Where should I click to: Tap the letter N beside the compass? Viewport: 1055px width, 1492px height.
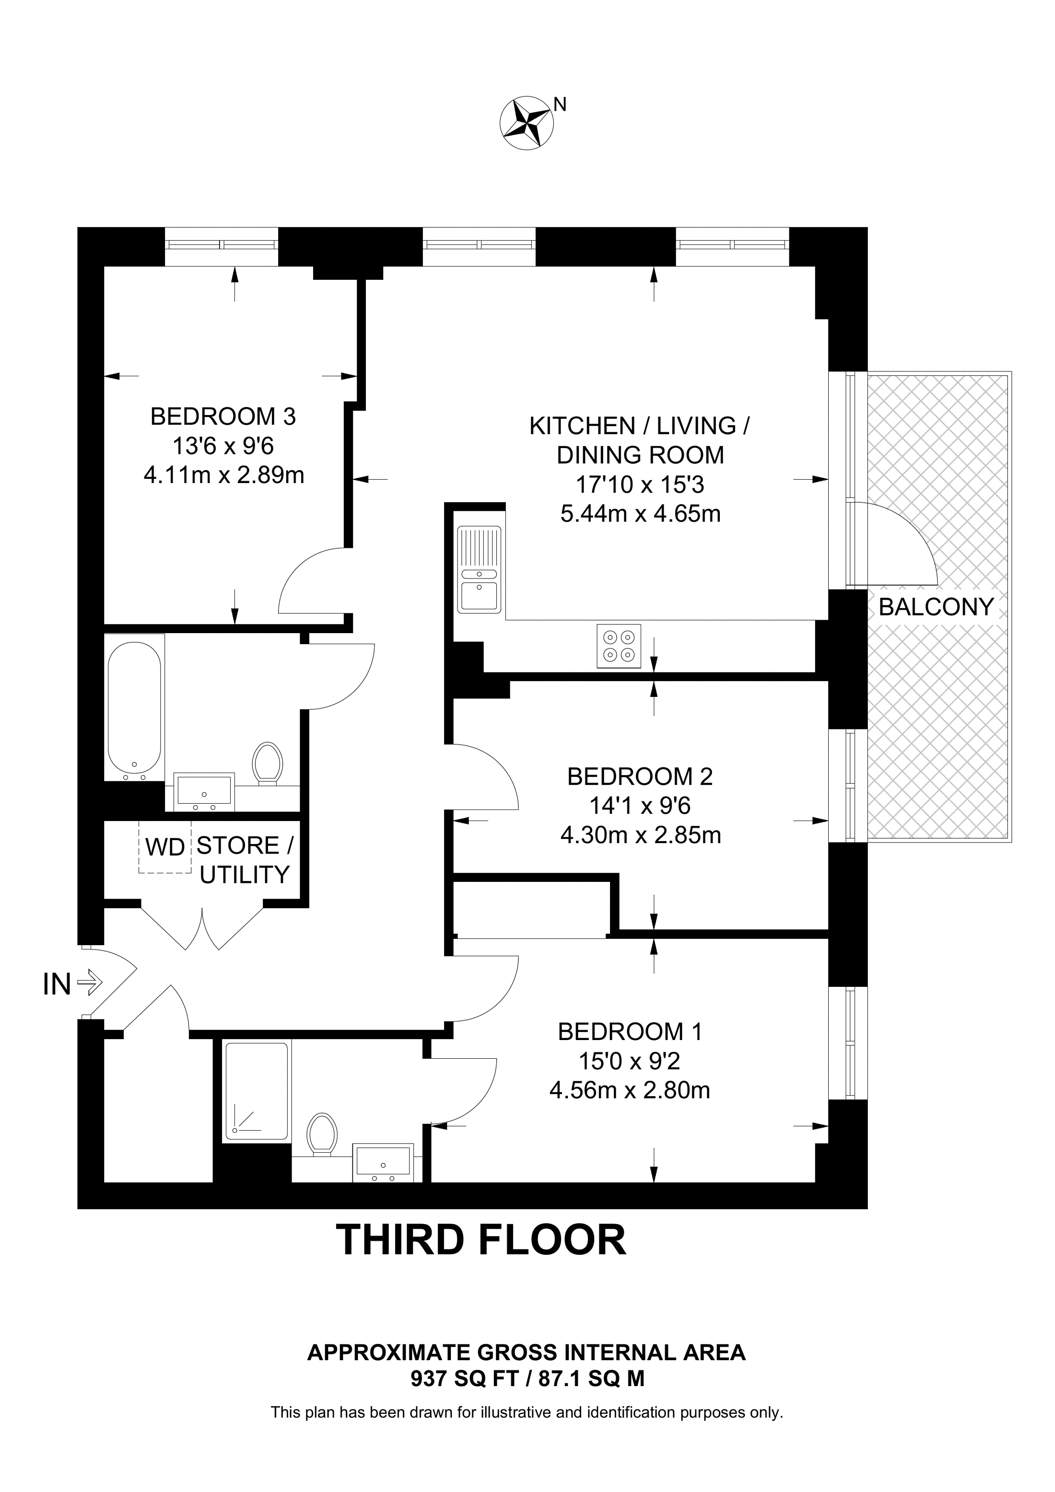coord(560,104)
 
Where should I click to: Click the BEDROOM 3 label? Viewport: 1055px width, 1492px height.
coord(223,416)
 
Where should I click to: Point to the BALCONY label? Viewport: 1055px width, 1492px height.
coord(936,607)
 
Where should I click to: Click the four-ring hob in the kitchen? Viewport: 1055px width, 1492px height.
coord(619,646)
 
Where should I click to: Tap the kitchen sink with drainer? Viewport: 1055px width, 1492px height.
coord(480,570)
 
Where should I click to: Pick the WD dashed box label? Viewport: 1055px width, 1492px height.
coord(165,847)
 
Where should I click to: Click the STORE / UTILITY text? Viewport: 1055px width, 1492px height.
coord(245,860)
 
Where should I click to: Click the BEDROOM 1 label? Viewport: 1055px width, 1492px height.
coord(630,1031)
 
